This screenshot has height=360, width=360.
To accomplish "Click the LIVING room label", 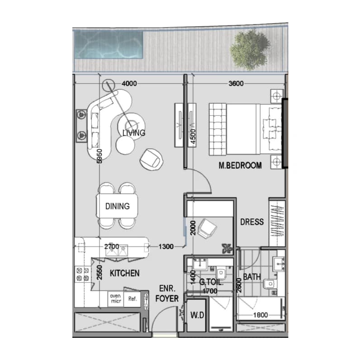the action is [x=134, y=133].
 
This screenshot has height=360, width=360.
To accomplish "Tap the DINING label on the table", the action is [x=117, y=206].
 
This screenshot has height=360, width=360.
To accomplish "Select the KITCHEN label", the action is [x=125, y=273].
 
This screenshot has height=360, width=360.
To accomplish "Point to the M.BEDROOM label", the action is [x=240, y=166].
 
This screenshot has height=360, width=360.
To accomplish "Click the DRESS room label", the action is [x=252, y=222].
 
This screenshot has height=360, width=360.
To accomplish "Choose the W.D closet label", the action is [x=197, y=315].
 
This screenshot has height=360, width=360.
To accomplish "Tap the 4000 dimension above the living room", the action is [x=129, y=83].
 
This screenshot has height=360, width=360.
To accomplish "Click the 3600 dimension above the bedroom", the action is [x=236, y=83].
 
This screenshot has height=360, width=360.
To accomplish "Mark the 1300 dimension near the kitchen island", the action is [x=166, y=246].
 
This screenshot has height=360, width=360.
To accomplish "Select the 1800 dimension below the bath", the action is [x=261, y=315].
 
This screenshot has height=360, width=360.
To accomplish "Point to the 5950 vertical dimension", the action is [x=99, y=156].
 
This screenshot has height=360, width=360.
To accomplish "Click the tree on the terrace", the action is [x=250, y=49].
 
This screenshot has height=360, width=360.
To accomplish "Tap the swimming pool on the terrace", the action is [x=109, y=44].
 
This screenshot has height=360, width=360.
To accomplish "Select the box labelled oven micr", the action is [x=115, y=298].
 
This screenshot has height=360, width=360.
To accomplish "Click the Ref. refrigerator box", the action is [x=132, y=298].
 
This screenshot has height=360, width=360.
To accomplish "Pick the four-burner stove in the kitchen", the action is [x=83, y=274].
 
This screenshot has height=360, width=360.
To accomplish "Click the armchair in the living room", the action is [x=152, y=160].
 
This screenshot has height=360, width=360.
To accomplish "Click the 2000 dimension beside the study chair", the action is [x=193, y=228].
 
